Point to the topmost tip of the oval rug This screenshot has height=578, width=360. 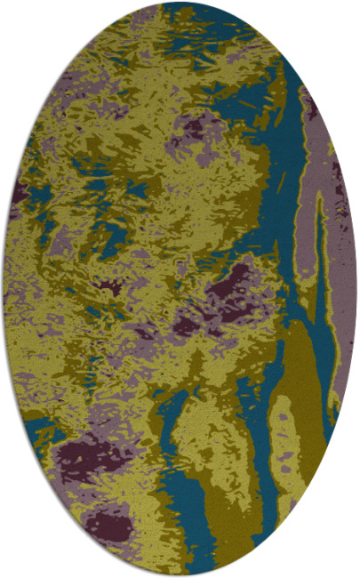(x=180, y=3)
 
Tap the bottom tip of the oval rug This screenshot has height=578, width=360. (x=180, y=575)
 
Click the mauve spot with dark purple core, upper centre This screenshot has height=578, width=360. (x=192, y=130)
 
